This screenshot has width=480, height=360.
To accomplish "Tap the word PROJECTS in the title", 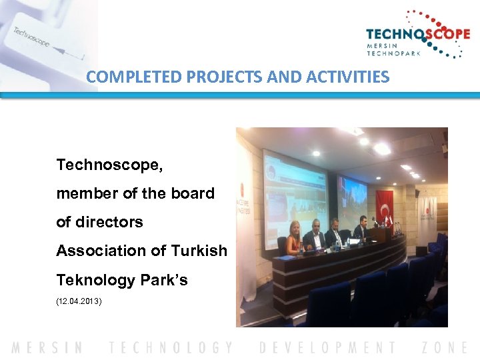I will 216,77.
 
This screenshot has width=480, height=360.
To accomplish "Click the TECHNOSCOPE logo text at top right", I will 417,35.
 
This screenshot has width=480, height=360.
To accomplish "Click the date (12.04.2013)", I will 79,301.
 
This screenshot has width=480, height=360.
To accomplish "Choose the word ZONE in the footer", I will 445,347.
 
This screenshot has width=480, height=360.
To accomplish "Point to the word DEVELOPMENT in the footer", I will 327,347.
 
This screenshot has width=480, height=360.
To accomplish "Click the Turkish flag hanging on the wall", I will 384,209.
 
